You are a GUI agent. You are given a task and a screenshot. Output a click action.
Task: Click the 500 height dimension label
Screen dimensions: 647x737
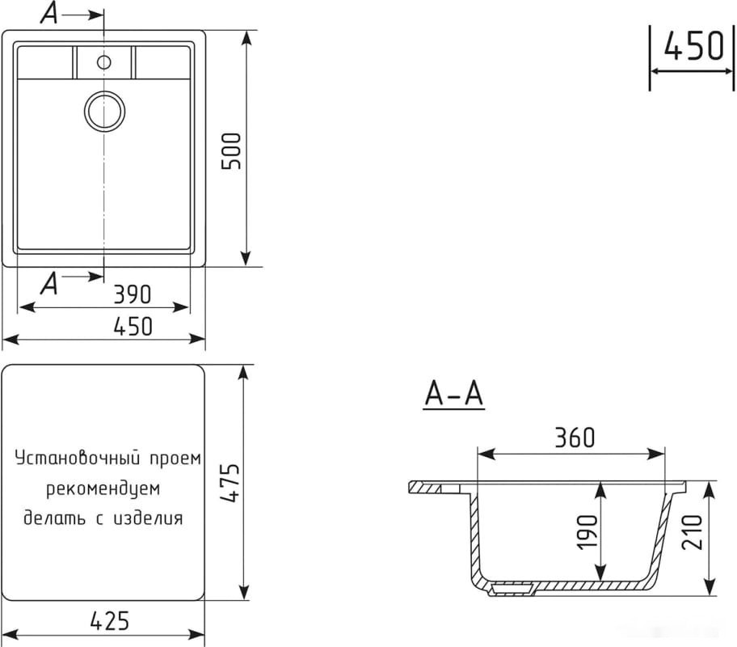(232, 150)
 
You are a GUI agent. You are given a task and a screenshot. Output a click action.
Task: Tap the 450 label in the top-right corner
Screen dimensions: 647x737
(693, 47)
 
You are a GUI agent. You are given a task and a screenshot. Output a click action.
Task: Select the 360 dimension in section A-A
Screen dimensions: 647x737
(575, 438)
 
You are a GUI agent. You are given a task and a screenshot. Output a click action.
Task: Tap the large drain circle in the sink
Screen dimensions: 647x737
(105, 110)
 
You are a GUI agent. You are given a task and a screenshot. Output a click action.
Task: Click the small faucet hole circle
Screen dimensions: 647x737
(104, 61)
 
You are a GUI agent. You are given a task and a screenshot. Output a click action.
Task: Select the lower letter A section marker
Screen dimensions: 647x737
(49, 282)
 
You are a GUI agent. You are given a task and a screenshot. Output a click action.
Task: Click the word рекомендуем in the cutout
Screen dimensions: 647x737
(103, 488)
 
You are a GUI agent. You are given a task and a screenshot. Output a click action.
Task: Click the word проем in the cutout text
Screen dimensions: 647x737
(173, 459)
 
